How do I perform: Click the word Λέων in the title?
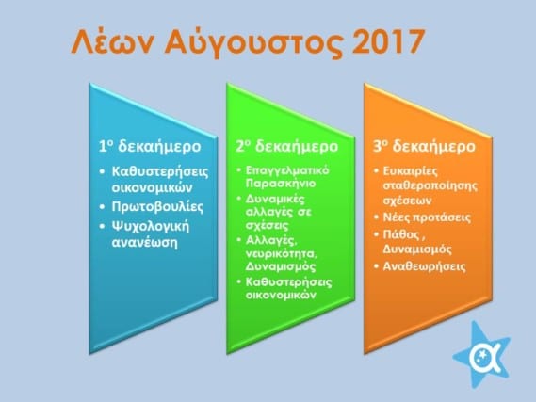[113, 41]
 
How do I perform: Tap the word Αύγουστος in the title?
[253, 43]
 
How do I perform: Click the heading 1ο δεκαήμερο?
[150, 146]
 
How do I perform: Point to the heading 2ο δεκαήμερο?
[286, 146]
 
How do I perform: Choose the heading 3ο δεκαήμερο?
[424, 146]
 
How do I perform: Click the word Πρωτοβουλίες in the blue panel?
[157, 207]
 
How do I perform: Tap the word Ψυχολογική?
[151, 227]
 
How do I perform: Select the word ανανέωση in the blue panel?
[144, 242]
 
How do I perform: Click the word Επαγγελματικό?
[287, 170]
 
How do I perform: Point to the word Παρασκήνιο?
[281, 183]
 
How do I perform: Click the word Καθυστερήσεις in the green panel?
[289, 282]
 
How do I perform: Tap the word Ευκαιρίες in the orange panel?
[410, 170]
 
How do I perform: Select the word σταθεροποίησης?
[430, 186]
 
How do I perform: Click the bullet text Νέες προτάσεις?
[427, 217]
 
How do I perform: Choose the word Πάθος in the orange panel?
[401, 234]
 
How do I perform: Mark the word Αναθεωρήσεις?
[424, 266]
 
